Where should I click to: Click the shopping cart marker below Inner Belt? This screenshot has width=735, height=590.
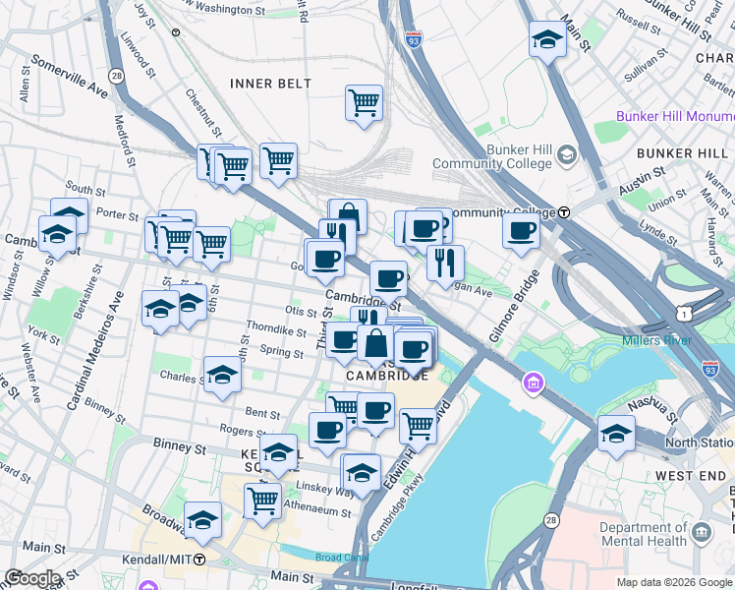(364, 102)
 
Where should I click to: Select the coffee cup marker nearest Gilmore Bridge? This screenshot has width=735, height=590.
(521, 232)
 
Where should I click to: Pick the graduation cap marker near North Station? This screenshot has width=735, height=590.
(616, 434)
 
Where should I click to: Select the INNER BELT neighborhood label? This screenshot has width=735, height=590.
(270, 84)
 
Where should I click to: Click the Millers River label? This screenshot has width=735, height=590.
(656, 341)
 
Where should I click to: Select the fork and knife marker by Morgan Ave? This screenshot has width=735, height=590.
(445, 262)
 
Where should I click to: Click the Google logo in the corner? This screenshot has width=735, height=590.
(31, 578)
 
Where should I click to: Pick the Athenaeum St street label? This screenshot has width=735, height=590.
(316, 512)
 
